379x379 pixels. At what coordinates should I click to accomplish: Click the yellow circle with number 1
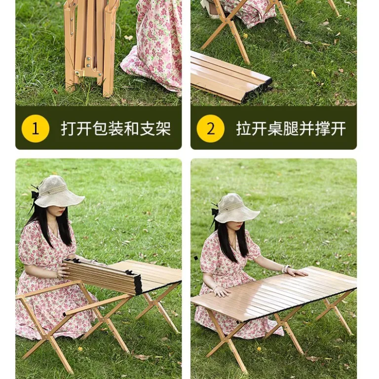click(x=36, y=129)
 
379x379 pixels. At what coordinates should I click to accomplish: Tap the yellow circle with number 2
click(x=211, y=129)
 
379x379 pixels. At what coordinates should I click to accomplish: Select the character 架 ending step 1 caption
click(x=163, y=128)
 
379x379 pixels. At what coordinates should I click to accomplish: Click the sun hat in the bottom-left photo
click(x=59, y=191)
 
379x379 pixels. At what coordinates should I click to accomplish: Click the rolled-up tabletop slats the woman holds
click(x=102, y=276)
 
